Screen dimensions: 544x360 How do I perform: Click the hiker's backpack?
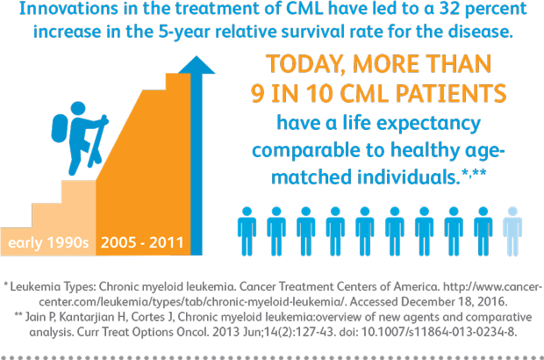[60, 127]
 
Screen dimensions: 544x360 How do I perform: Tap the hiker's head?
[78, 108]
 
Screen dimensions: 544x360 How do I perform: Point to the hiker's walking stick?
[98, 141]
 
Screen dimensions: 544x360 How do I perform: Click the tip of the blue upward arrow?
[197, 56]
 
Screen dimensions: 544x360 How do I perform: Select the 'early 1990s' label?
[48, 242]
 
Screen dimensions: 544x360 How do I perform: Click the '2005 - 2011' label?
[142, 242]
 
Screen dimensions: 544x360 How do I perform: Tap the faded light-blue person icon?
[512, 231]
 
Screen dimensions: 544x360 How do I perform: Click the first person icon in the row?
[247, 231]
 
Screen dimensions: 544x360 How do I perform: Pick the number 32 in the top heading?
[450, 8]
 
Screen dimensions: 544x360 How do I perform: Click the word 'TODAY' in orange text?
[305, 65]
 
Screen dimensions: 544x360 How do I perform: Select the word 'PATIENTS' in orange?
[451, 93]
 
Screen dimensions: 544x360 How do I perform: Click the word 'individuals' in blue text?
[408, 176]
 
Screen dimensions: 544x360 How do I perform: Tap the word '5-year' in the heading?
[184, 32]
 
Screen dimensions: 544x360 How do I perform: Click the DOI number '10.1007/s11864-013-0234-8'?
[439, 332]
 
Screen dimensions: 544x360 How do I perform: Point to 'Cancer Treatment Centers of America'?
[339, 287]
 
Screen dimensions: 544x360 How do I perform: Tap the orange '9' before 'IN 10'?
[258, 93]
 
